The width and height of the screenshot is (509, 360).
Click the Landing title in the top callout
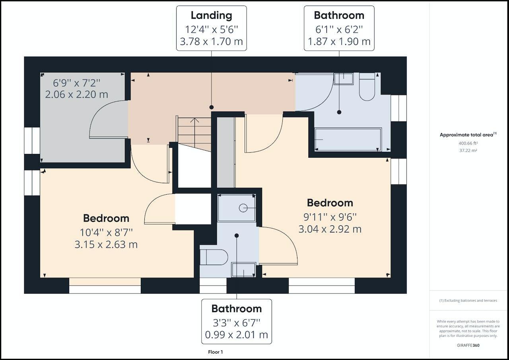pos(211,15)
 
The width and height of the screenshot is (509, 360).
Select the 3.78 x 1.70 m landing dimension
pos(211,42)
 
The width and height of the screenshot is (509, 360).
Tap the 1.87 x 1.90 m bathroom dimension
pos(339,42)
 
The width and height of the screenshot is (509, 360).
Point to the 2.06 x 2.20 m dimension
pos(77,95)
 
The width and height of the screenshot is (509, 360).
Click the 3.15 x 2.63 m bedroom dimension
pos(106,245)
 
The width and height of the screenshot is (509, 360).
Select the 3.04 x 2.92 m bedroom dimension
pos(330,229)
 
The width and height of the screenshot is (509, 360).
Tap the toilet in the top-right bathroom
pos(367,87)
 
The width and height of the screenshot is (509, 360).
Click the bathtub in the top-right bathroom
pos(348,139)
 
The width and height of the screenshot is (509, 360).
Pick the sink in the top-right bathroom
pos(344,79)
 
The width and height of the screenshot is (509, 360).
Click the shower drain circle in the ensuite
pos(243,208)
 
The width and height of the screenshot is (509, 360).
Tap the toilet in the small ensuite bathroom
pos(214,257)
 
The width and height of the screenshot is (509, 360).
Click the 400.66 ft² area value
pos(468,143)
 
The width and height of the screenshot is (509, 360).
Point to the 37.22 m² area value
pos(468,151)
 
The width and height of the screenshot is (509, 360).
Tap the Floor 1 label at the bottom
pos(216,352)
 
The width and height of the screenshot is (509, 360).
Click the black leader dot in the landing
pos(212,107)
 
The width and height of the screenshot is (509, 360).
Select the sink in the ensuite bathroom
pos(244,270)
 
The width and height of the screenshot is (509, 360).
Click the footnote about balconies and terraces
pos(468,300)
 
